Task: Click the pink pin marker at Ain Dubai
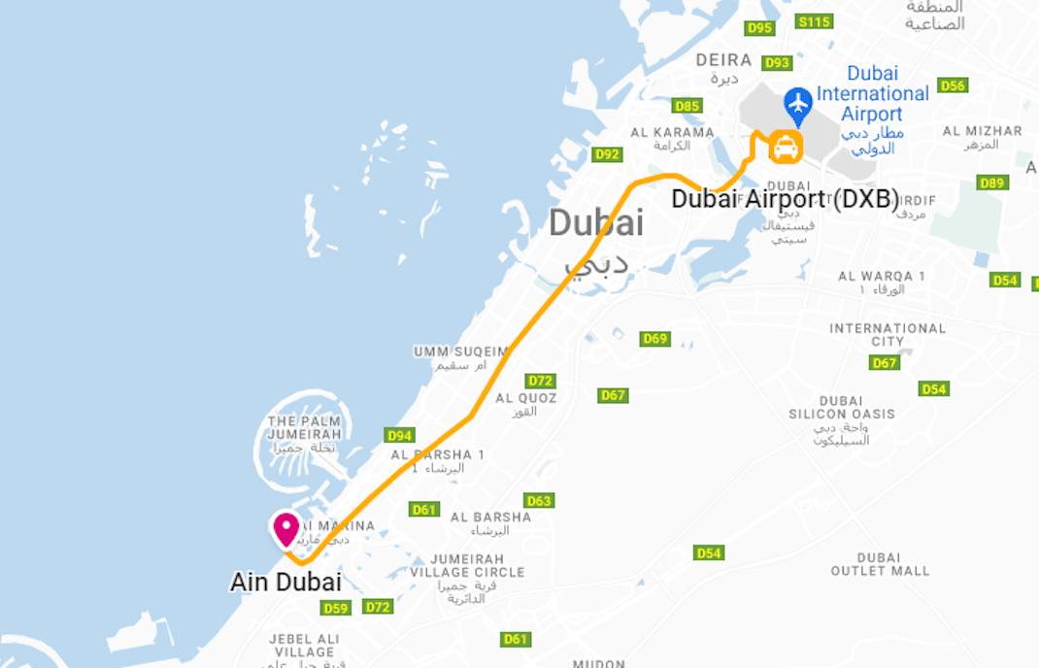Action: (285, 529)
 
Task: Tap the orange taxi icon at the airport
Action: (785, 148)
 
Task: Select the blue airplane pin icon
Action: (798, 102)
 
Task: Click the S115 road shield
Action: (814, 21)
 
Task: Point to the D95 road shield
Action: (759, 28)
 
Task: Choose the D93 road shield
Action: (777, 63)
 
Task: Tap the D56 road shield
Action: (953, 85)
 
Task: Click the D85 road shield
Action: (687, 106)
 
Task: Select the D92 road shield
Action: (607, 154)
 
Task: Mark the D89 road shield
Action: (992, 183)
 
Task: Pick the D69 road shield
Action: (655, 339)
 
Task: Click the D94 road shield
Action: (399, 435)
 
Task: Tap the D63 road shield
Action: (539, 501)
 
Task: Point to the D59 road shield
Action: (335, 608)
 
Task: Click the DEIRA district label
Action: (723, 60)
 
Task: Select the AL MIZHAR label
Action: (982, 131)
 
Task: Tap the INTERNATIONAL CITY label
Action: (887, 335)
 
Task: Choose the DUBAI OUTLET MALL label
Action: (880, 564)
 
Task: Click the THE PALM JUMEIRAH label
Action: (304, 427)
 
